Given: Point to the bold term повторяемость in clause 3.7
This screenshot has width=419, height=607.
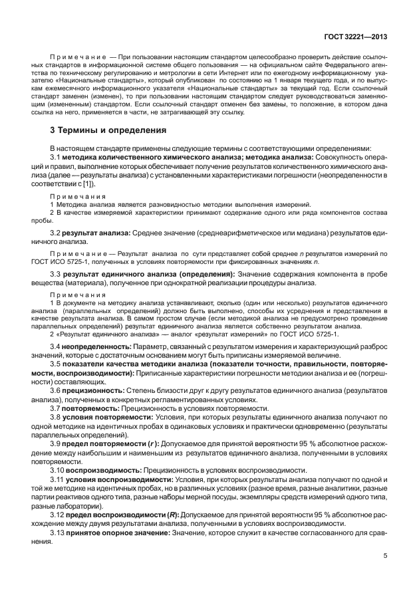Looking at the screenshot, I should [x=92, y=408].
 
